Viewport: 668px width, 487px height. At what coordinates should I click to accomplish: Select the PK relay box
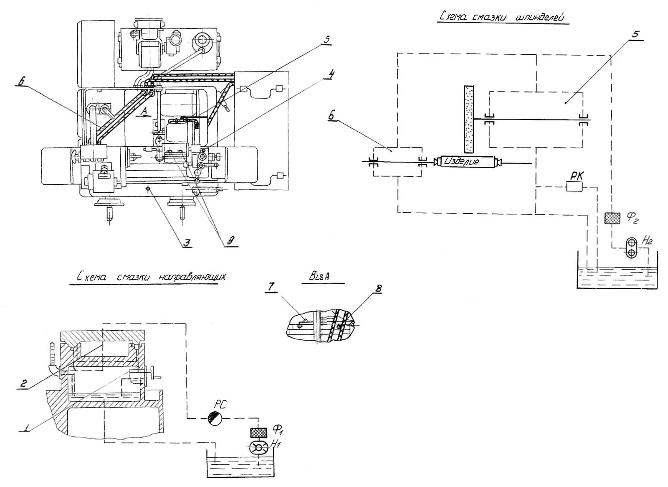[574, 187]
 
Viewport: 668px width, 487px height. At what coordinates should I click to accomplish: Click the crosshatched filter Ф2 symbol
[612, 218]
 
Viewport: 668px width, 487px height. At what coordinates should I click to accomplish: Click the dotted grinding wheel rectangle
[468, 119]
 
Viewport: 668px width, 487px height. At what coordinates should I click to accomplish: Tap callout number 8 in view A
[378, 289]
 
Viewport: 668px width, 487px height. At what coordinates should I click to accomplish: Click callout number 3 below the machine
[187, 242]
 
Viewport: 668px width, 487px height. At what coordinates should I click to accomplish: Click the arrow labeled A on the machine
[144, 116]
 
